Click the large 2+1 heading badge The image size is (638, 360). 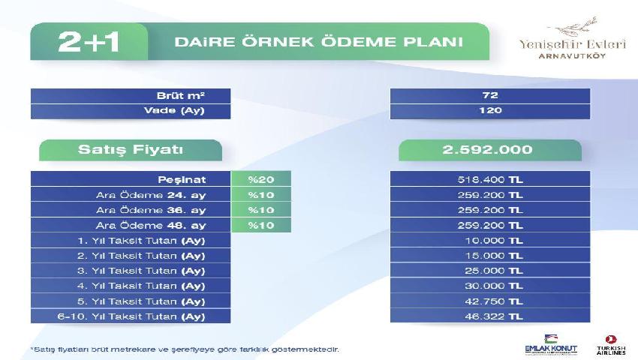89,42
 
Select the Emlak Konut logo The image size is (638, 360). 551,345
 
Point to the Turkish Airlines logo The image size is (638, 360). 611,345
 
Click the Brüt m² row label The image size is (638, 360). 180,96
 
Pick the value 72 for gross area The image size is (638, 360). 490,95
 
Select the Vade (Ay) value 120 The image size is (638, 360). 490,111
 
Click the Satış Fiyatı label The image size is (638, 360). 130,149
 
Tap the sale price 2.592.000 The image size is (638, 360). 487,150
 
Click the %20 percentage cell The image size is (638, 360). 260,179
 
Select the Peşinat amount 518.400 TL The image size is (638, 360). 490,179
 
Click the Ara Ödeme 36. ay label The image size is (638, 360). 151,210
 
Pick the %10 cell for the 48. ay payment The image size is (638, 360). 260,225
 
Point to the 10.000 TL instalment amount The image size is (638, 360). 494,241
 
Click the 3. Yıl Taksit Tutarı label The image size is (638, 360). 141,271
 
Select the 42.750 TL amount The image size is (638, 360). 494,301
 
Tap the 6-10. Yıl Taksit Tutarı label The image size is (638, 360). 131,316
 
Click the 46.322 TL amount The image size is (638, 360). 494,316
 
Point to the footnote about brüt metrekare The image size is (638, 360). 185,349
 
